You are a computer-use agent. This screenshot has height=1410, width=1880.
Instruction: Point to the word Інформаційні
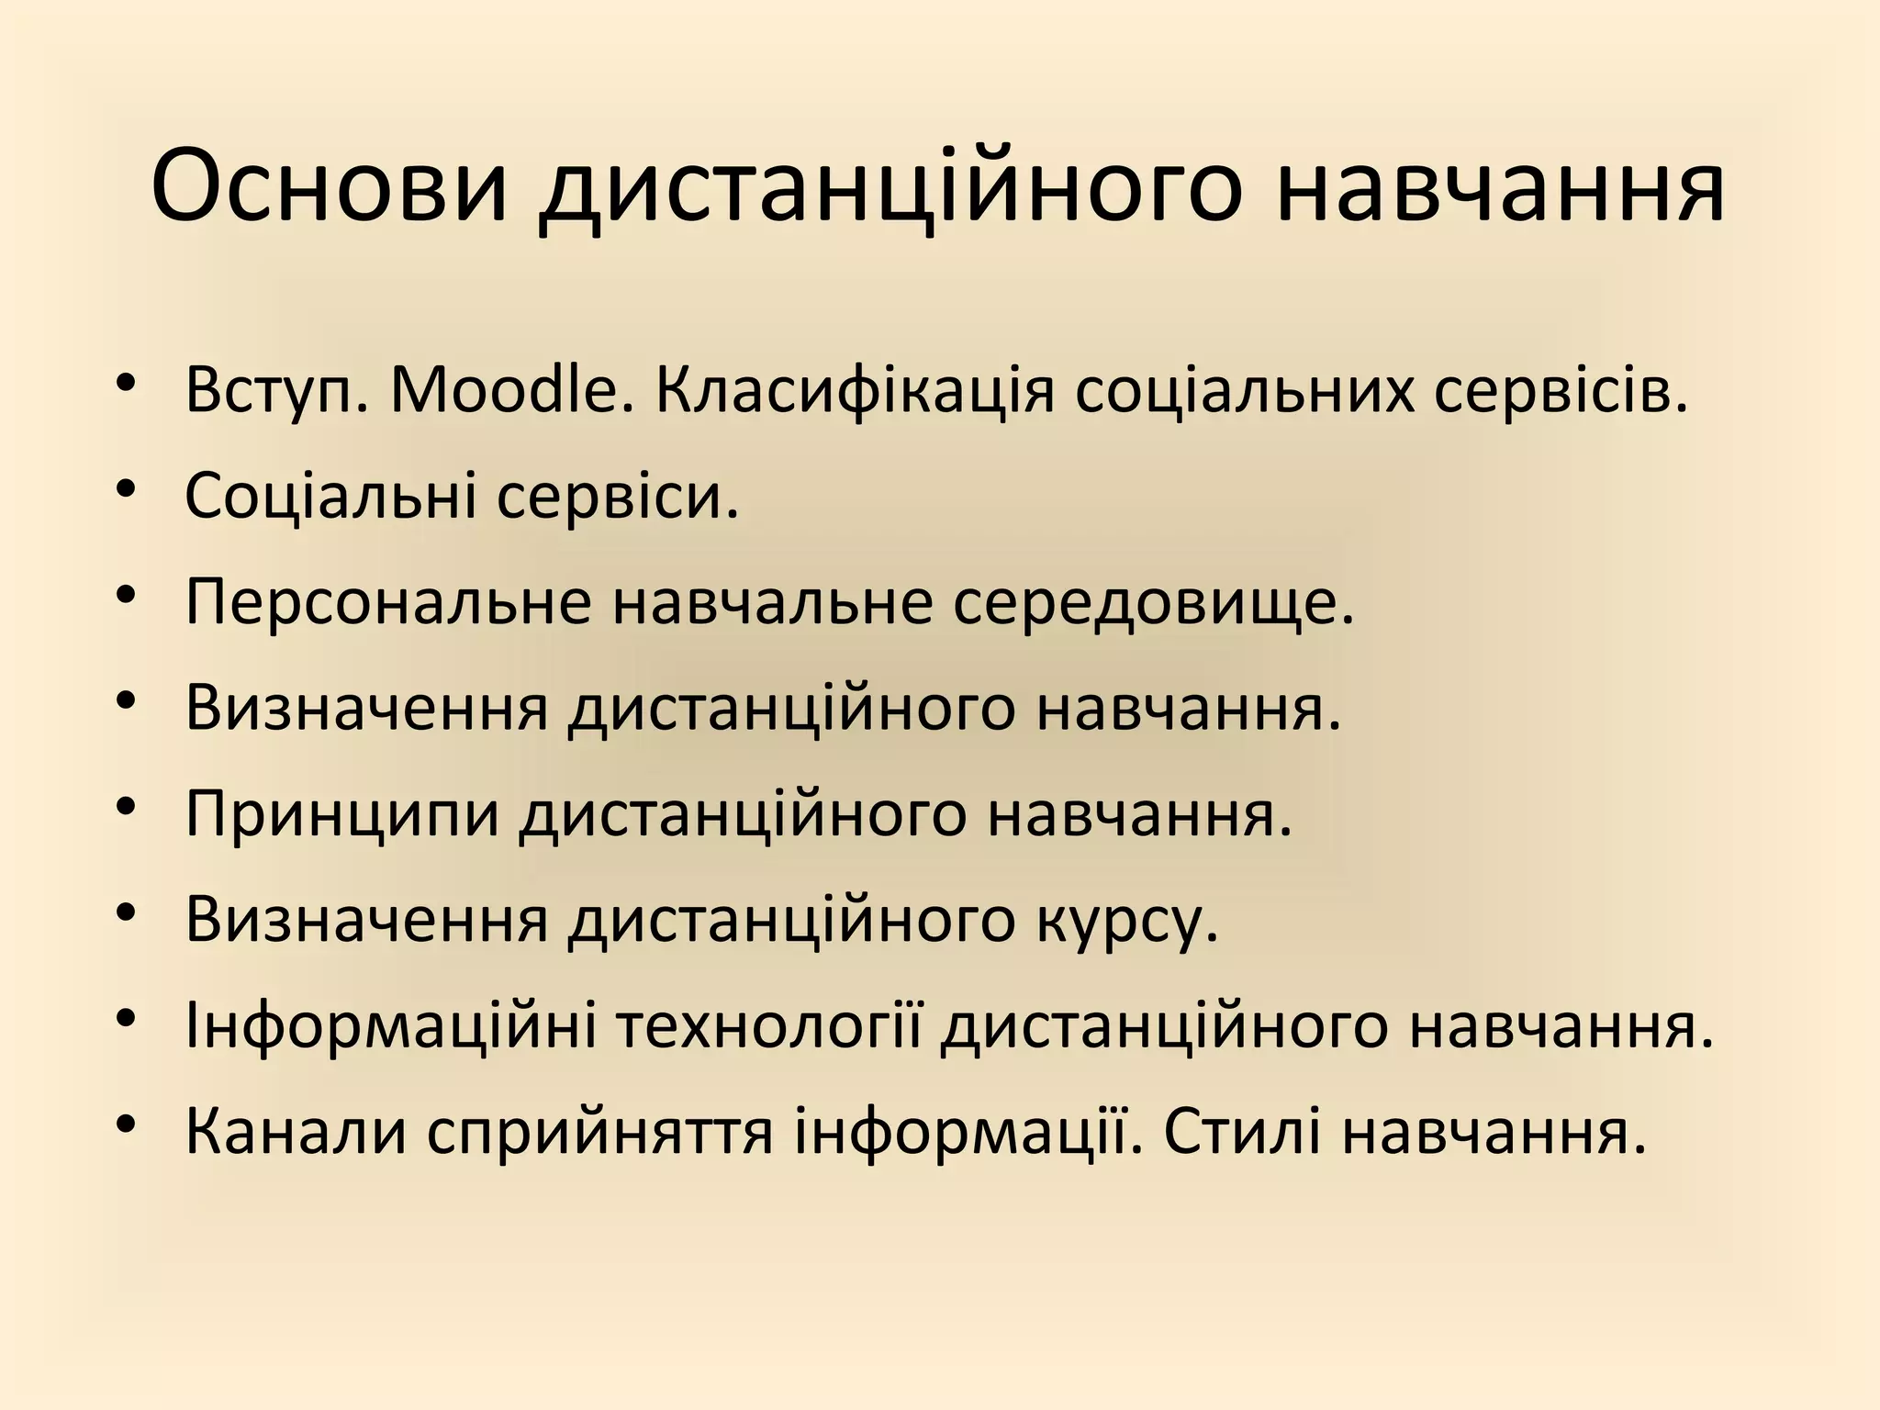pos(391,1027)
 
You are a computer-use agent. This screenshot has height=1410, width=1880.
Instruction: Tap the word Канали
pos(296,1133)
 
